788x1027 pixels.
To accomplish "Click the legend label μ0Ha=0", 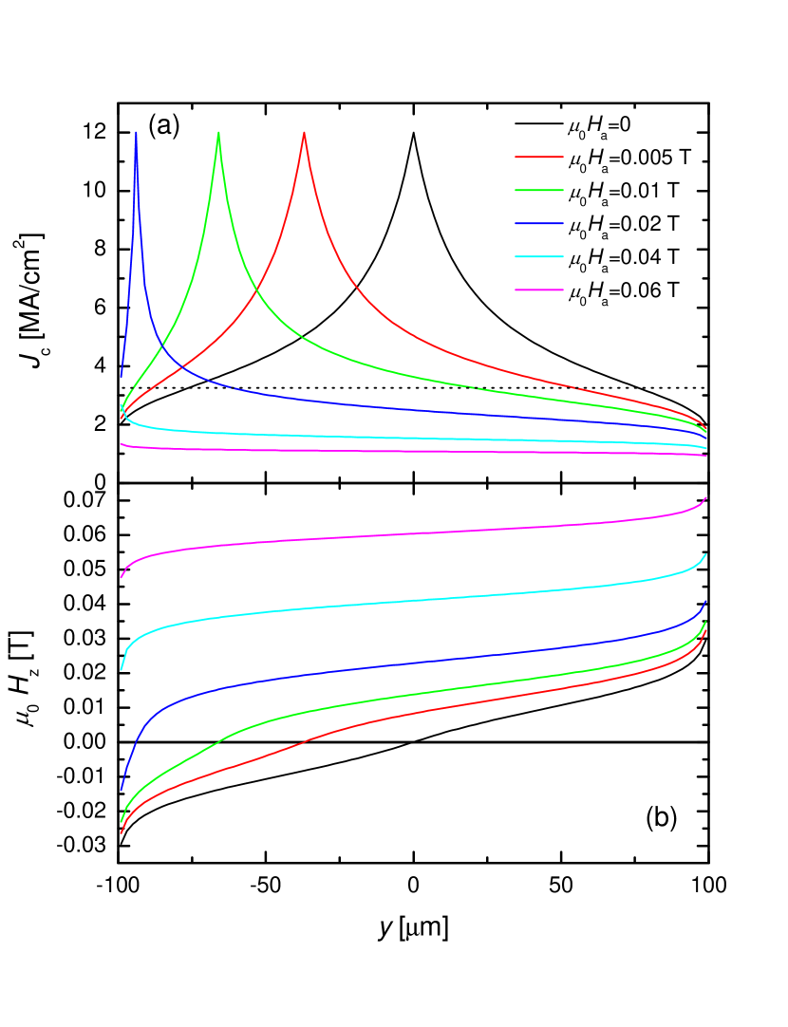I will tap(599, 124).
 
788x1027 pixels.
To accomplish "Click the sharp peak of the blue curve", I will tap(137, 132).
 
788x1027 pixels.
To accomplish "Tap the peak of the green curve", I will tap(219, 133).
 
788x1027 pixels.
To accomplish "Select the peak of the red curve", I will tap(304, 133).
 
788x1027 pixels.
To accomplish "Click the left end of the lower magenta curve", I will tap(121, 577).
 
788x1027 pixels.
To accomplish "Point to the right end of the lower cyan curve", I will tap(705, 554).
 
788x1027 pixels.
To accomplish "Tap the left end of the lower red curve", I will tap(121, 833).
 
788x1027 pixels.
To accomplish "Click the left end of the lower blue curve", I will tap(121, 790).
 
